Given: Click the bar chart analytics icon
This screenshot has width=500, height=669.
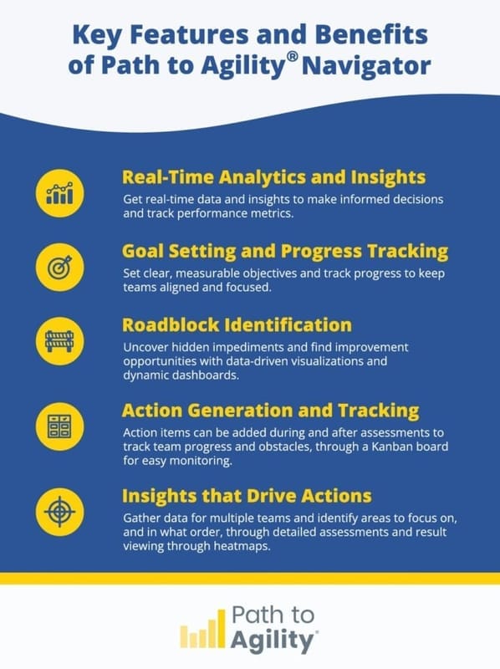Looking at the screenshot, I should coord(60,192).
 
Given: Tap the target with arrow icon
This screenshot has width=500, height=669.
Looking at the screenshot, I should coord(60,267).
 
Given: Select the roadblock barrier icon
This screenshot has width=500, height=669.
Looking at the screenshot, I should coord(60,341).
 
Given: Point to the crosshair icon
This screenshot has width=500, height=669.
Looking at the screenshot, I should coord(60,509).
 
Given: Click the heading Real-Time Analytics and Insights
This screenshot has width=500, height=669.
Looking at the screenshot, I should coord(274,177).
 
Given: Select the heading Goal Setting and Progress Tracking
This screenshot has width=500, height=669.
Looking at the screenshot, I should coord(285,251).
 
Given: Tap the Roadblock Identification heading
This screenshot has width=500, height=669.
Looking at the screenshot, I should coord(237,325).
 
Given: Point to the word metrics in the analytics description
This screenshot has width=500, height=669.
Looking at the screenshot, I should coord(270,214).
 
